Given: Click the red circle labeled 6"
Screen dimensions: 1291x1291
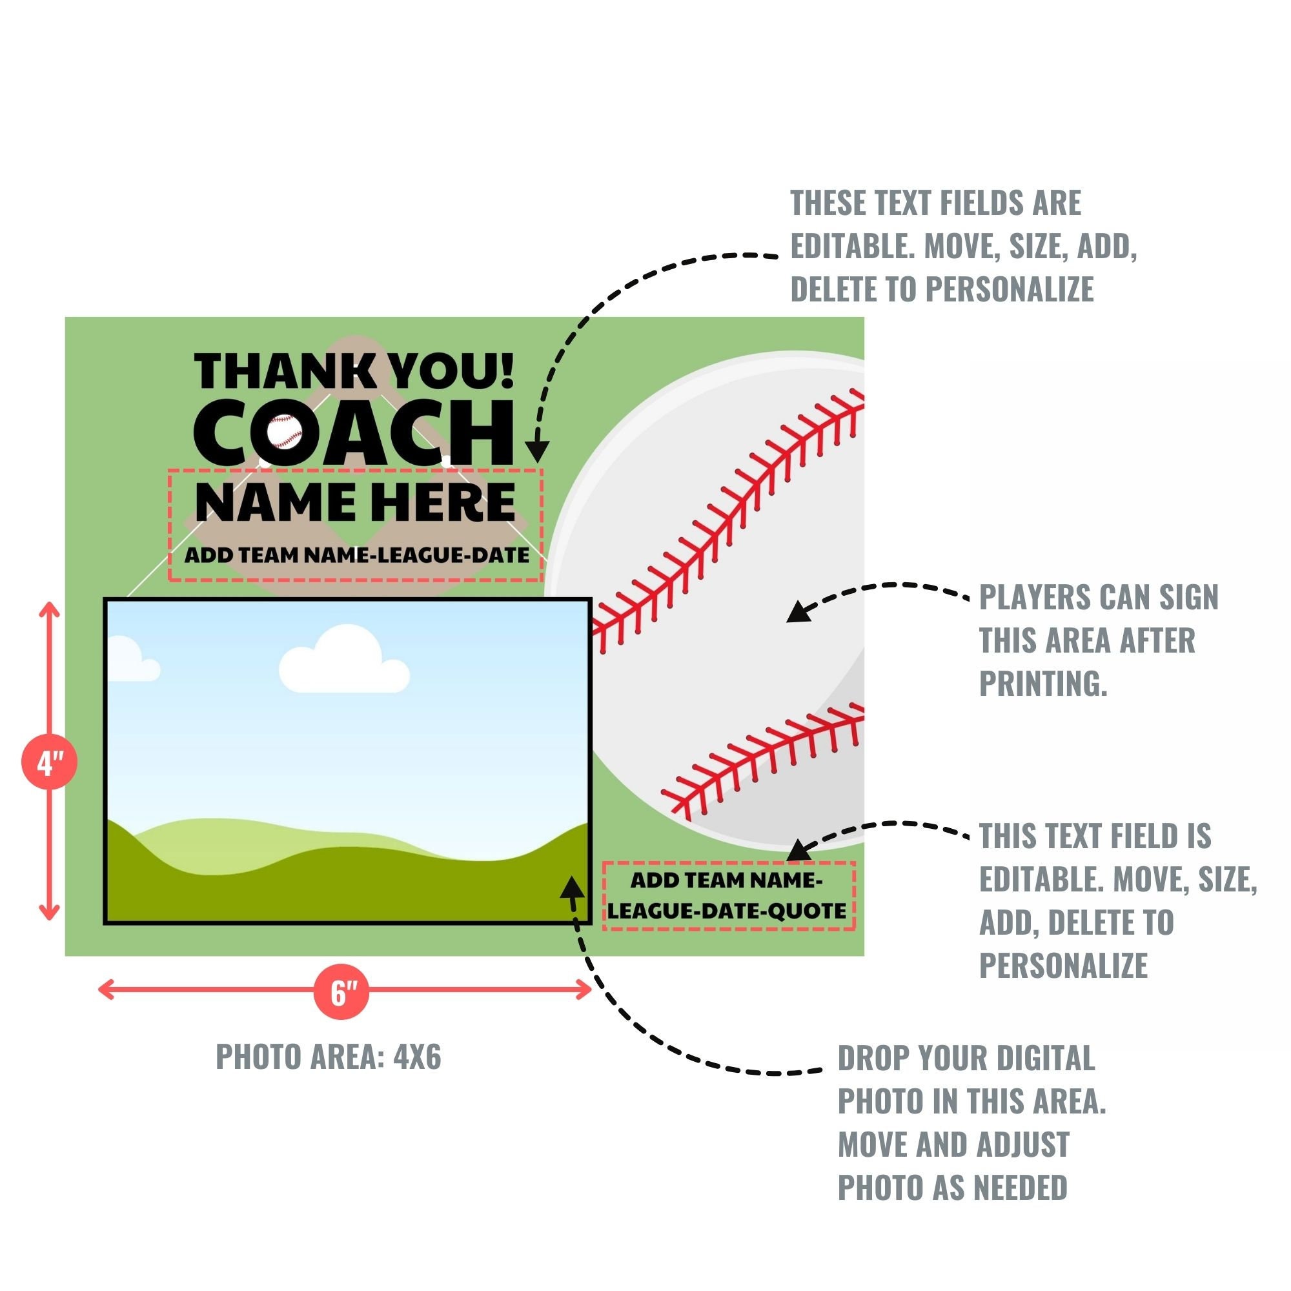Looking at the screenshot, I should tap(341, 991).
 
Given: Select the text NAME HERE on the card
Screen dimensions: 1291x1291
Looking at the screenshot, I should tap(355, 502).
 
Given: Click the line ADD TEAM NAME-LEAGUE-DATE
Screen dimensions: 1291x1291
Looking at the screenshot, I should tap(357, 554).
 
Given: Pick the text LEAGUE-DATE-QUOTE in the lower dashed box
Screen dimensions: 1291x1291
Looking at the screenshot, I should tap(727, 911).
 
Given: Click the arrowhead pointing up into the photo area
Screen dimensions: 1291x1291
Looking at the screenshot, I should tap(571, 888).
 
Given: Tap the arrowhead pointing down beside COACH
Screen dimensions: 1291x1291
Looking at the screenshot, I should tap(536, 451).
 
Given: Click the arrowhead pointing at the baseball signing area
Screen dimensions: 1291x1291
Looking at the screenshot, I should tap(798, 612).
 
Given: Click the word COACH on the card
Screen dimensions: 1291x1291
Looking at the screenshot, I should tap(354, 434).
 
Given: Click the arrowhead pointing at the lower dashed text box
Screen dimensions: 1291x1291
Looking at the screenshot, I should tap(798, 851).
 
